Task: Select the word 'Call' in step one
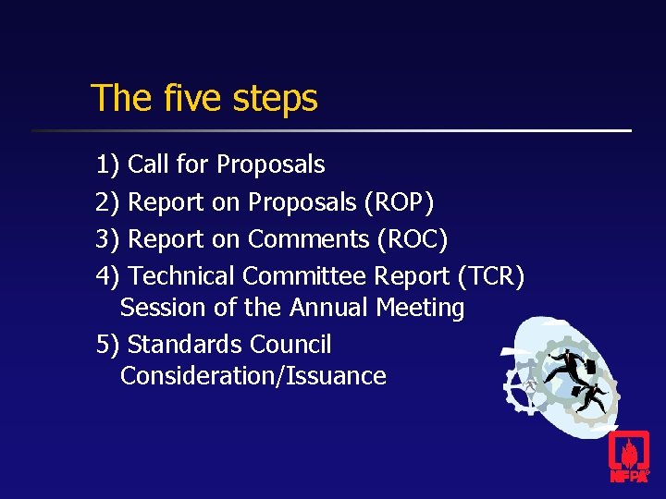click(148, 164)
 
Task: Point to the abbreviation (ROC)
click(413, 239)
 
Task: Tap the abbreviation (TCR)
click(491, 276)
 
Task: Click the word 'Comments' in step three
click(309, 239)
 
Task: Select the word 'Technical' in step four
click(181, 275)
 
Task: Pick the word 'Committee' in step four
click(304, 275)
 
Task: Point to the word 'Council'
click(289, 345)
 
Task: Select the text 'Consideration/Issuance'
click(253, 376)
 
